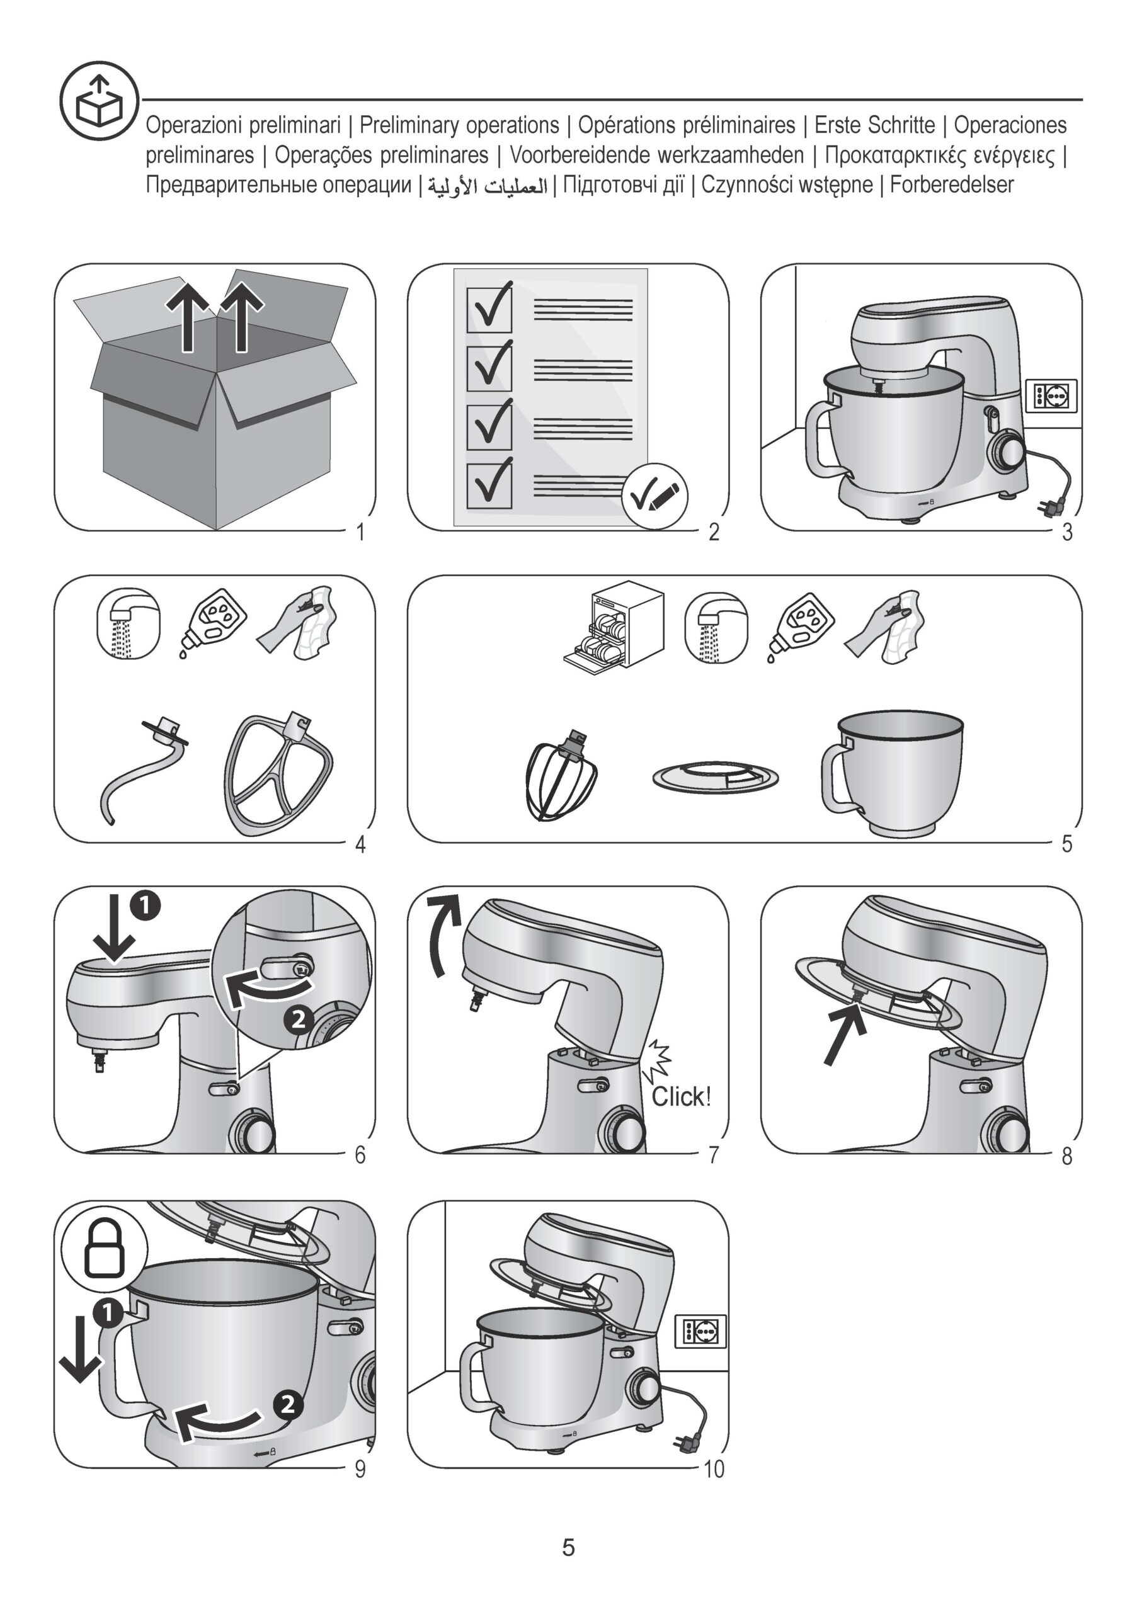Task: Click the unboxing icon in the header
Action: point(98,99)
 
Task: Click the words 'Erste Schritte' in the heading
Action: point(874,125)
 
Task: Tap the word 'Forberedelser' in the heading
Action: point(952,184)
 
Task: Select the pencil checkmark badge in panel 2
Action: point(654,496)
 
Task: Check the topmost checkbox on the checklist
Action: point(489,309)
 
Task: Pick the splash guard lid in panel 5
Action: point(716,776)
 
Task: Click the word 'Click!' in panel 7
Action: point(681,1097)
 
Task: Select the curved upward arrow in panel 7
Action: point(444,934)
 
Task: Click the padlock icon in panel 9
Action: point(105,1247)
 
